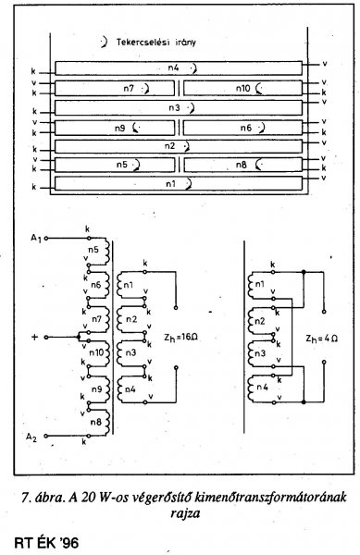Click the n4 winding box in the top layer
(179, 68)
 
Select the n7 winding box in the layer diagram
(115, 89)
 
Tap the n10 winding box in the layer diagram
(242, 89)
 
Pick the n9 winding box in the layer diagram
(115, 128)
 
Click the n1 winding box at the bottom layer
(179, 184)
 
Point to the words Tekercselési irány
(156, 43)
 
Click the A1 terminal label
(36, 239)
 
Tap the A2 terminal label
(31, 438)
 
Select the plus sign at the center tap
(34, 337)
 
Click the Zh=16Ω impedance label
(180, 338)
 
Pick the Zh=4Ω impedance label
(322, 339)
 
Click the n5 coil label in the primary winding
(93, 250)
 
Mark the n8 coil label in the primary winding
(96, 422)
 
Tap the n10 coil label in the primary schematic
(96, 353)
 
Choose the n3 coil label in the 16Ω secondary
(131, 353)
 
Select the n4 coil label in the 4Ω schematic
(262, 387)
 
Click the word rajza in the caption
(185, 512)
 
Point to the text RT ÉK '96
(46, 543)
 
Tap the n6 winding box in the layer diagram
(242, 128)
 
